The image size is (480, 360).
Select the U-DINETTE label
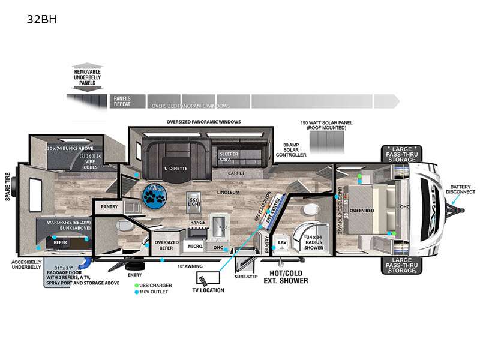click(174, 169)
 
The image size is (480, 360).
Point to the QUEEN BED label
click(362, 210)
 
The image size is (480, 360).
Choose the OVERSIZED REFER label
click(167, 246)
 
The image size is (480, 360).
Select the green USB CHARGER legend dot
click(137, 285)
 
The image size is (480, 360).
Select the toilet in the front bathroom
click(311, 211)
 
